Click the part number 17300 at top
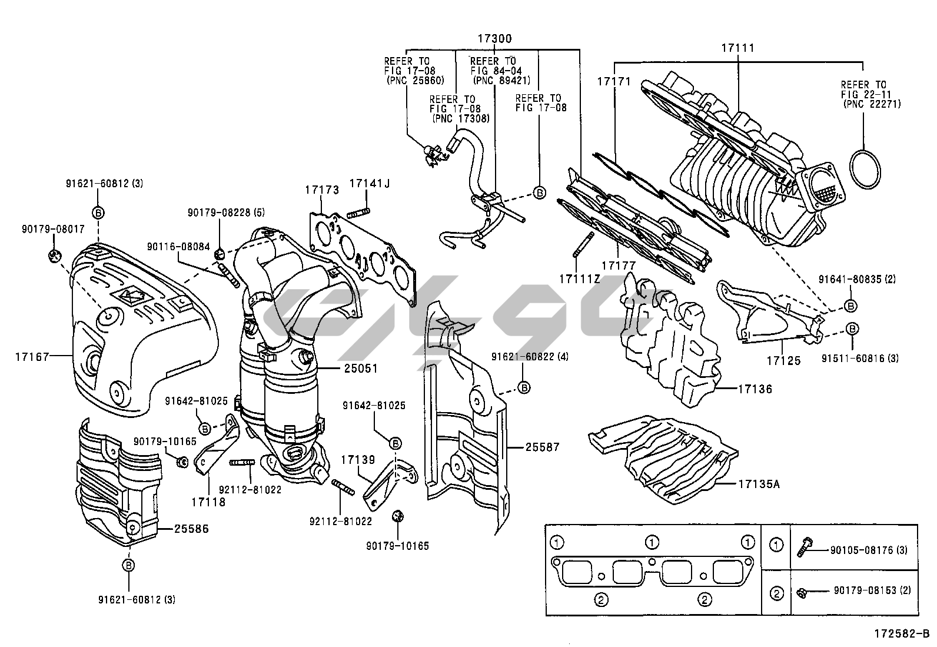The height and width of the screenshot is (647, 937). (494, 39)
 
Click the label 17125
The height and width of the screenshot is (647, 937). (783, 360)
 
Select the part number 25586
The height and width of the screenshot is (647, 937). (191, 529)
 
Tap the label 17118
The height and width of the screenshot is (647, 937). (208, 502)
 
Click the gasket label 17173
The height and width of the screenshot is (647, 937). (322, 190)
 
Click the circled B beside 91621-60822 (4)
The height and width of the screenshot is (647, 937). (524, 387)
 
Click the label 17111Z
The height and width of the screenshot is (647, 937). (579, 278)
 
